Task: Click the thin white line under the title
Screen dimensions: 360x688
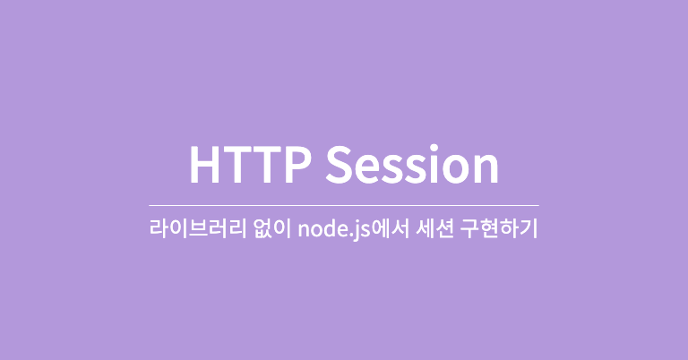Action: [344, 206]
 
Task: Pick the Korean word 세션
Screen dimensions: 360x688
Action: [432, 229]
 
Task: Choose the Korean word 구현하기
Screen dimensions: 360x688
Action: [500, 229]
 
